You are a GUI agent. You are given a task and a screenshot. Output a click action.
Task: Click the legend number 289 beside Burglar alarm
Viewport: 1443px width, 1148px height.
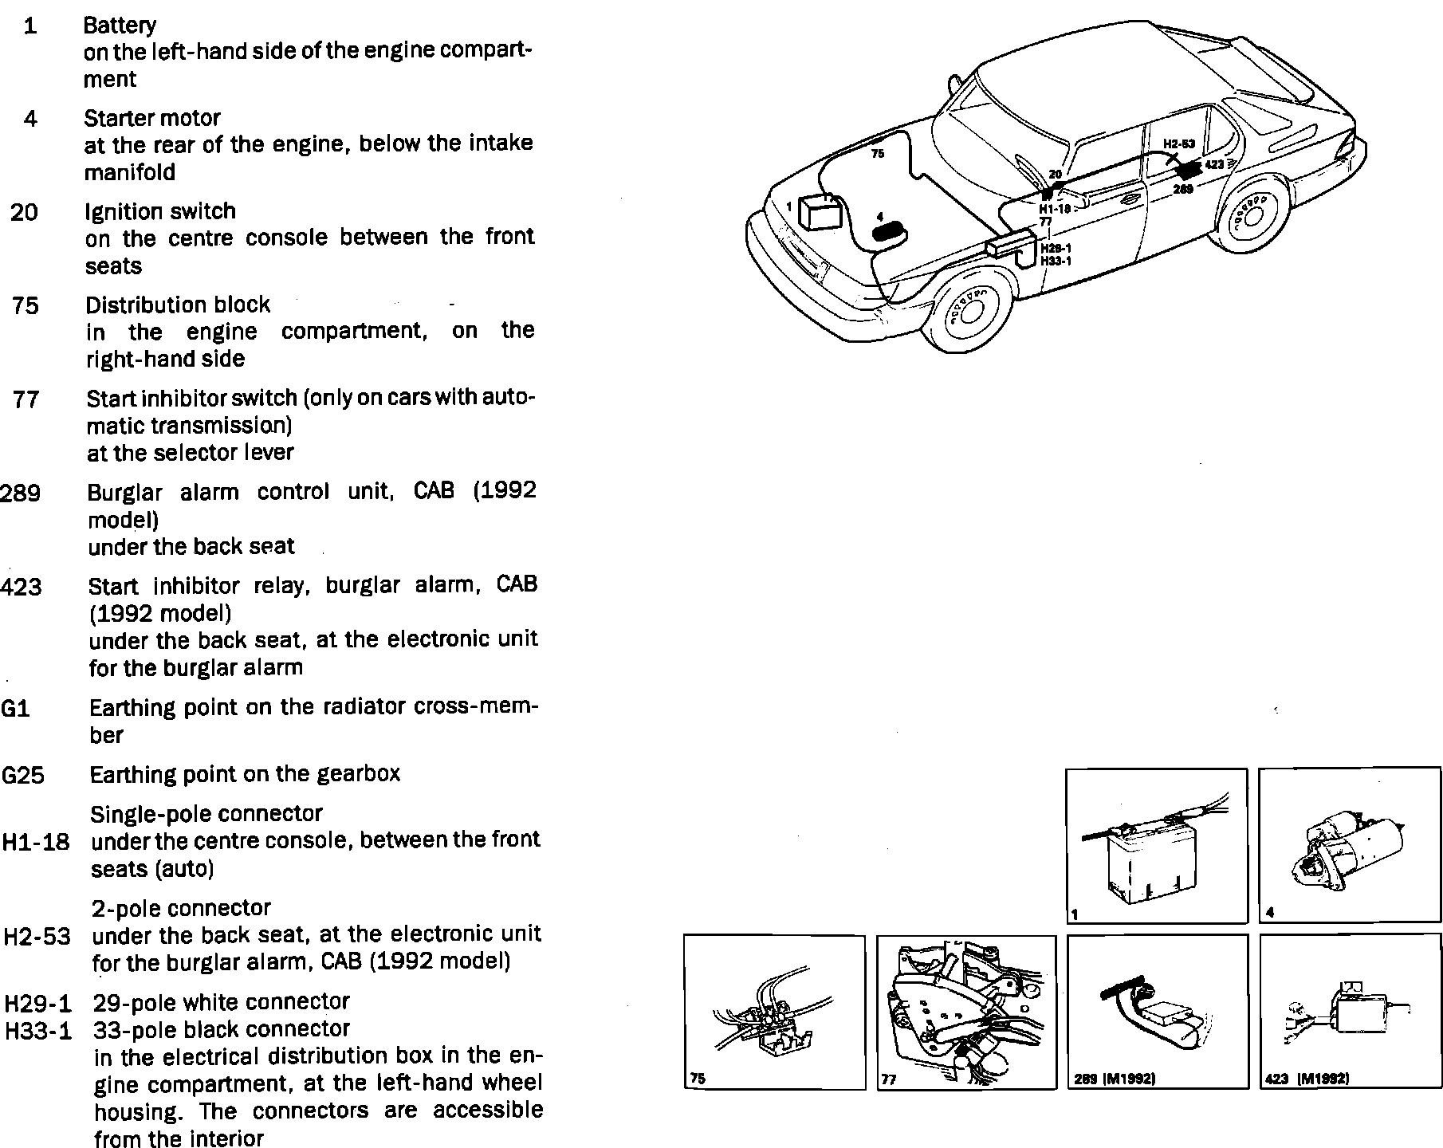pos(21,493)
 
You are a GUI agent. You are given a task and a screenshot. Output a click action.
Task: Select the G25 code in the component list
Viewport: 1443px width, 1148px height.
pos(23,775)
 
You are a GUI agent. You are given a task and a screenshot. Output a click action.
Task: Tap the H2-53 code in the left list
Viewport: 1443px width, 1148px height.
pos(37,936)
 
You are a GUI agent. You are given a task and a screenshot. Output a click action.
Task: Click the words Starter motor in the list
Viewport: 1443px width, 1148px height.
pos(152,118)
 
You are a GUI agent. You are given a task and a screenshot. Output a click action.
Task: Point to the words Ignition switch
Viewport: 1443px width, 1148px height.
pos(160,211)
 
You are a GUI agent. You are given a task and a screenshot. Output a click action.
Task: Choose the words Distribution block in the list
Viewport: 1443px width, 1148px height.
pos(178,305)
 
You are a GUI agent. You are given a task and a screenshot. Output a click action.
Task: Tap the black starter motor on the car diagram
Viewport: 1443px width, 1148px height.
pos(890,232)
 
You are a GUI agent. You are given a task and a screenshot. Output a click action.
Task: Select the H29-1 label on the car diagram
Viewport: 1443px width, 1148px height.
pos(1056,249)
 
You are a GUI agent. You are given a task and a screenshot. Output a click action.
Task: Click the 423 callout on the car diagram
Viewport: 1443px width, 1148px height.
pos(1213,164)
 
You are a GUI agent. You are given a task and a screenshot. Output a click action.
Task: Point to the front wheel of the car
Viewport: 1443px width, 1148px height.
pos(969,310)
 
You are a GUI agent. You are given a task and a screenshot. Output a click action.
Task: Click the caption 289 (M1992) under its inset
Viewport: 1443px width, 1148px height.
pos(1115,1079)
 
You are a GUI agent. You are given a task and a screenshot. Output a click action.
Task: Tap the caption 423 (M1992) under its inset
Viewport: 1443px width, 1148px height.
pos(1307,1079)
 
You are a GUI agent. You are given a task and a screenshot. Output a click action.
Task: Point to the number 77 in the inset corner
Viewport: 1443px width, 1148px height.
pos(888,1079)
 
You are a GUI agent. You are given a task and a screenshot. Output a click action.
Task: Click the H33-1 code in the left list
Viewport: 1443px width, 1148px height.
pos(37,1032)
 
